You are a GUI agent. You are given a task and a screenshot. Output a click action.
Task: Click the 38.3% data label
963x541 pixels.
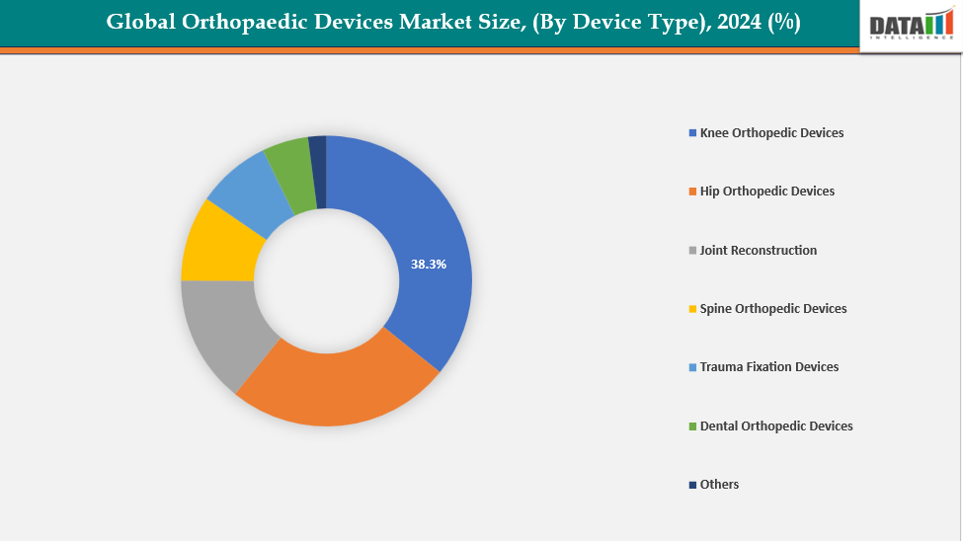tap(429, 265)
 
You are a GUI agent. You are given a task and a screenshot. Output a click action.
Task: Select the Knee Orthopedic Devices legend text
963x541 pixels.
tap(771, 132)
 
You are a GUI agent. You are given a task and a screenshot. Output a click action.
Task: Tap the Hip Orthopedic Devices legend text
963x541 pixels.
tap(766, 192)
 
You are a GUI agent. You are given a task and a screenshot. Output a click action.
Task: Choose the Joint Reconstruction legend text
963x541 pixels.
tap(758, 251)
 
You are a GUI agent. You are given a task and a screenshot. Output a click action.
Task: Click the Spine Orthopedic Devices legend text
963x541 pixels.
tap(772, 309)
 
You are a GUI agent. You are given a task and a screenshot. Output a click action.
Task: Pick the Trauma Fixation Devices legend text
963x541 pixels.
tap(768, 367)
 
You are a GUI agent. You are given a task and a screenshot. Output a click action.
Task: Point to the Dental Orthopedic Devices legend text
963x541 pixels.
tap(775, 426)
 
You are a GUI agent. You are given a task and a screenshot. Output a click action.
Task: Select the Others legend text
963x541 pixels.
tap(719, 485)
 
